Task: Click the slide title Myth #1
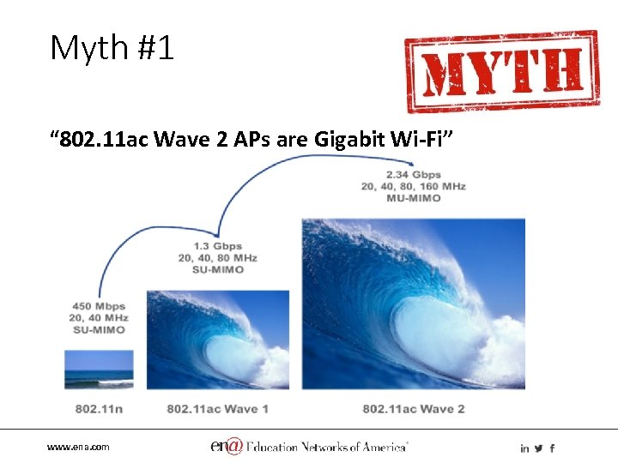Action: click(112, 48)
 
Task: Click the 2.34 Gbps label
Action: click(413, 175)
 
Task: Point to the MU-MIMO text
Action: click(413, 198)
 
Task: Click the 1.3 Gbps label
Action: click(217, 246)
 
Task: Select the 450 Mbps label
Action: click(99, 306)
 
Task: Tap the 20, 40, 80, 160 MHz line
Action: click(413, 187)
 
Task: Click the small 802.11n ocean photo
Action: click(100, 370)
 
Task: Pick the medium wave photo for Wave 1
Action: click(217, 340)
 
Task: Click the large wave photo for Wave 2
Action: click(413, 304)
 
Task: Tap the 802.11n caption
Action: click(99, 409)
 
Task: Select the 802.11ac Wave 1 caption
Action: click(217, 409)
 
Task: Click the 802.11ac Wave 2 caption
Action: click(413, 409)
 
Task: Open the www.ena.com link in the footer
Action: click(78, 448)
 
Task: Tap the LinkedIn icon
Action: click(524, 448)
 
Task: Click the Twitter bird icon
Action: click(538, 448)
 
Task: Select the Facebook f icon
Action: click(552, 448)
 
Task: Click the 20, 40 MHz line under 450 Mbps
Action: click(99, 318)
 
